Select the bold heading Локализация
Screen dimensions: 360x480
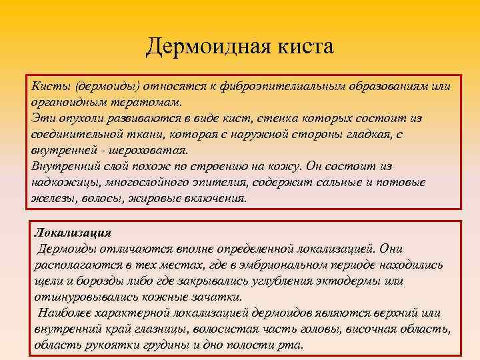(x=73, y=233)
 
